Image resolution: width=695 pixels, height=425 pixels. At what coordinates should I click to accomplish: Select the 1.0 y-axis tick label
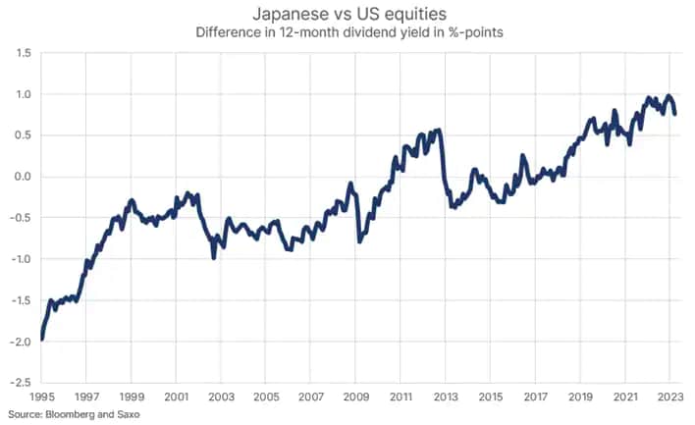click(x=21, y=95)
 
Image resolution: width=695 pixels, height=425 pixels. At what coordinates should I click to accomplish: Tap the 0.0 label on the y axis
click(x=21, y=177)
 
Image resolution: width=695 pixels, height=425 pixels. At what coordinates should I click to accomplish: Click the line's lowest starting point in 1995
click(x=42, y=340)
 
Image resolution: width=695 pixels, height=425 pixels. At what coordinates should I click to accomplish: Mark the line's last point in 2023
click(x=675, y=114)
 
